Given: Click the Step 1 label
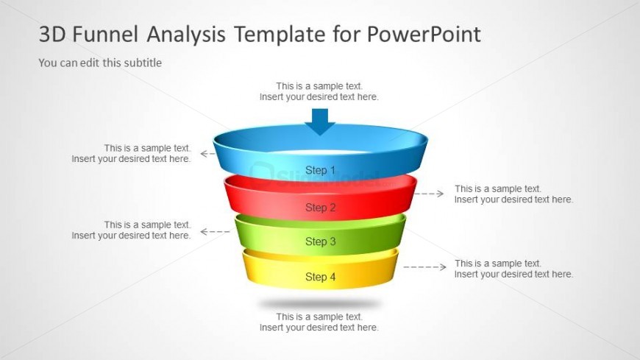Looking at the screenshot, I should (x=320, y=170).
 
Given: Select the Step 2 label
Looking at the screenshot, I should (x=320, y=208).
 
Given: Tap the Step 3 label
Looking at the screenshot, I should (x=320, y=241).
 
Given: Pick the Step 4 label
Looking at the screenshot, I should (x=320, y=277).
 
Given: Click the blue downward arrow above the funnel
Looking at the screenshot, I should (x=320, y=121).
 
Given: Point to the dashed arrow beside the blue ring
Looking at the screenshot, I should (x=207, y=154).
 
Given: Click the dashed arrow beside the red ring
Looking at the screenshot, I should (x=429, y=194).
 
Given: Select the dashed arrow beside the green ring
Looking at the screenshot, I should (x=215, y=231).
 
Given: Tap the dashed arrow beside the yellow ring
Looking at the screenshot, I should (x=424, y=267).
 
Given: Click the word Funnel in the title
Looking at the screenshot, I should (x=110, y=34).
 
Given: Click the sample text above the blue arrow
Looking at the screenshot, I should (x=319, y=91).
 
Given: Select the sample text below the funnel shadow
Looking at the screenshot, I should (x=319, y=322).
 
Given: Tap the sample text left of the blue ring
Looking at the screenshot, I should (x=131, y=153).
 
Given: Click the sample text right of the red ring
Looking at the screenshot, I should (x=513, y=194).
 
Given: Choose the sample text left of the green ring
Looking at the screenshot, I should (x=131, y=230).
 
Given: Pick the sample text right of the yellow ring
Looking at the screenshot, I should (x=513, y=269).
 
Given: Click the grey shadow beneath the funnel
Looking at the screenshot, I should (x=319, y=303).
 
